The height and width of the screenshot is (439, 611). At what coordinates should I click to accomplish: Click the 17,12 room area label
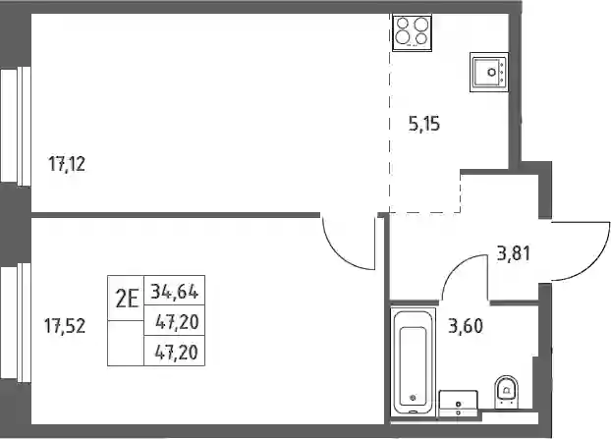click(67, 164)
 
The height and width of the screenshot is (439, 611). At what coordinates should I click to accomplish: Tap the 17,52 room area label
click(65, 326)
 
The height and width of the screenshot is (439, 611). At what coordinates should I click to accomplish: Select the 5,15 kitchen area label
click(424, 125)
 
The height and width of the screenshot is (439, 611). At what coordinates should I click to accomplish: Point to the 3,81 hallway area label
click(514, 253)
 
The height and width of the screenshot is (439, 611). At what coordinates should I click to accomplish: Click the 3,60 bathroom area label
click(466, 326)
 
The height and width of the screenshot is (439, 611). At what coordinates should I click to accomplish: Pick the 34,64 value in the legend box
click(175, 291)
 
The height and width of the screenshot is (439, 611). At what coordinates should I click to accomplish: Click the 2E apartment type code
click(127, 300)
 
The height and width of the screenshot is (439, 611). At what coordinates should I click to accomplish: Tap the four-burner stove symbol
click(413, 32)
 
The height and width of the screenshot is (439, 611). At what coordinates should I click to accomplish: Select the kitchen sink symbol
click(489, 72)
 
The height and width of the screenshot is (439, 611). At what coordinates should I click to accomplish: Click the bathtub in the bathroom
click(413, 362)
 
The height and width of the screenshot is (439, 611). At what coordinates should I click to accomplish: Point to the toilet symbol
click(507, 392)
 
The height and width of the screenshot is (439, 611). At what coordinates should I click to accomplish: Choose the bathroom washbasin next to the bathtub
click(458, 404)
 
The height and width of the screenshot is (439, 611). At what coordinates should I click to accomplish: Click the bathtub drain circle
click(413, 398)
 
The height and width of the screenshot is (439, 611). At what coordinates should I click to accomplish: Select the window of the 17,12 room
click(16, 125)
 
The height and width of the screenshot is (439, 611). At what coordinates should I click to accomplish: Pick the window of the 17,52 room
click(16, 322)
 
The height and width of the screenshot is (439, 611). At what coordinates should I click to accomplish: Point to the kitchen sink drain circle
click(492, 72)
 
